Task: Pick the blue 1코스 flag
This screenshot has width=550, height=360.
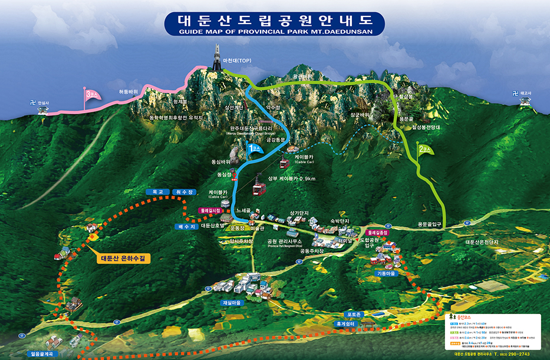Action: pyautogui.click(x=253, y=151)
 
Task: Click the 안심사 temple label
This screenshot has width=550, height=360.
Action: pyautogui.click(x=44, y=103)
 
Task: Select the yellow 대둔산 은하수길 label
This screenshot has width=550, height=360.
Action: pyautogui.click(x=126, y=257)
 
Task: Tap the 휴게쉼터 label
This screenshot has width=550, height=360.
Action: pyautogui.click(x=346, y=323)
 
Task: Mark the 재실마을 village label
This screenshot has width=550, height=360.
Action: pyautogui.click(x=232, y=302)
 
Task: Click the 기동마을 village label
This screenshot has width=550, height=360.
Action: pyautogui.click(x=387, y=273)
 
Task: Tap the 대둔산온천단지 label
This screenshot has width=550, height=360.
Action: pyautogui.click(x=482, y=242)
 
